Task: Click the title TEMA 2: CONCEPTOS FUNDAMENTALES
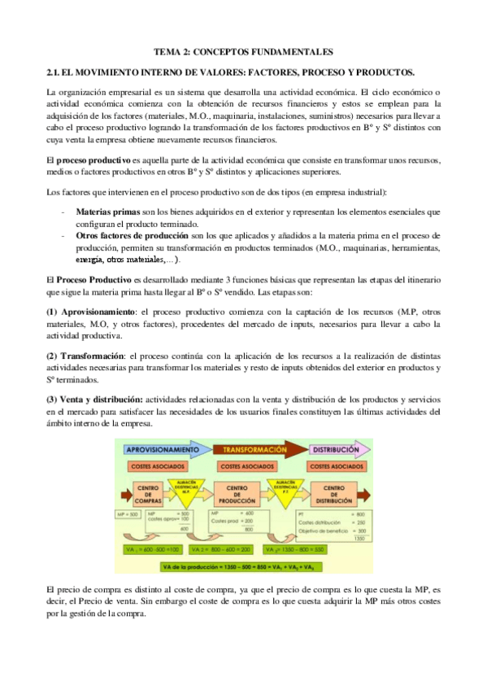point(244,51)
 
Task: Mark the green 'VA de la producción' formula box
point(244,566)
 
